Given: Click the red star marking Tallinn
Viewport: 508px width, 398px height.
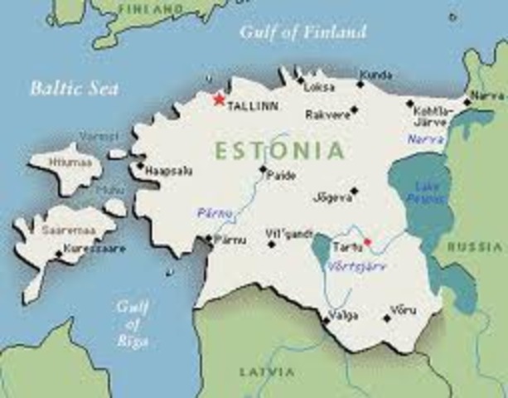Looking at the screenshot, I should (219, 99).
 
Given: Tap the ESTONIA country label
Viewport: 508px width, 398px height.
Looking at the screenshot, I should (279, 151).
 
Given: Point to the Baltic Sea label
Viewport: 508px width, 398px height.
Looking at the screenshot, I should (74, 88).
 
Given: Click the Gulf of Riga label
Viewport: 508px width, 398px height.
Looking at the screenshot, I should (133, 323).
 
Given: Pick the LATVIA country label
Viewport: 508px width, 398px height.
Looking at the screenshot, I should (266, 371).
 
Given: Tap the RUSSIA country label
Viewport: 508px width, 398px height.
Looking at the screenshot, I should (475, 247).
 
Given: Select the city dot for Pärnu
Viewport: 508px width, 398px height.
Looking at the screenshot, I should (208, 239).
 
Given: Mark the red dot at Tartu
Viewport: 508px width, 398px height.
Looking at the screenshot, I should (367, 242).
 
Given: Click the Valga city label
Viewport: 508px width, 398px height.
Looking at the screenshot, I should (343, 314).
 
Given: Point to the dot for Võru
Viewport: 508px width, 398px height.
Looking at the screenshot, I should (386, 318).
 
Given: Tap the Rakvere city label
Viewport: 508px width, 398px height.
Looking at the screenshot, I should (326, 114).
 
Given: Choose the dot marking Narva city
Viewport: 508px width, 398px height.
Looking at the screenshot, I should (467, 103).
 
